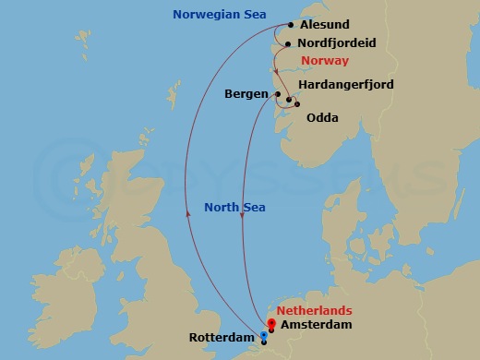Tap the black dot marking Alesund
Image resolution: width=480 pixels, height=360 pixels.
point(291,26)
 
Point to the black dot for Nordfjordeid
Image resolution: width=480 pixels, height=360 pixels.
point(288,43)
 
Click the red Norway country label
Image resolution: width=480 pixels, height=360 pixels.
point(323,61)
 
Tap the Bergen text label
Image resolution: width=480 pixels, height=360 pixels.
point(246,94)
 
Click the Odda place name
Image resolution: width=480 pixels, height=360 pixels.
point(321,117)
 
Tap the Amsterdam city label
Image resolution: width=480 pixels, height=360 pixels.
point(316,325)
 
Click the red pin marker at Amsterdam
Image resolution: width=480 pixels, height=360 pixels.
point(270,324)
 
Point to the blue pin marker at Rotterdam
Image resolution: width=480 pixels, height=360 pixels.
point(264,337)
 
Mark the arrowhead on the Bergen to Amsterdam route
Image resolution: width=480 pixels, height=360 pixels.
point(241,230)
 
